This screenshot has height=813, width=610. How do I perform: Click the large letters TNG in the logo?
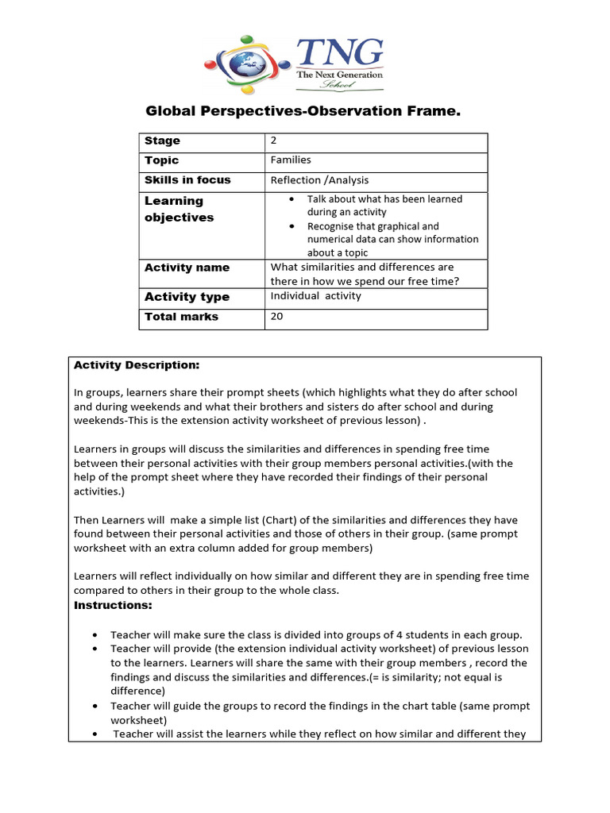tap(339, 53)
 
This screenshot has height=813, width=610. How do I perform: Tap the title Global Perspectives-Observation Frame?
tap(303, 112)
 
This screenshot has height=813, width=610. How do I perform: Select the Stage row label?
tap(162, 141)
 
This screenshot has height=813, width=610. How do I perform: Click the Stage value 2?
tap(274, 141)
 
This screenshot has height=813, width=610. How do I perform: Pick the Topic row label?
tap(161, 160)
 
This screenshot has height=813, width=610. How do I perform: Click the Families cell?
tap(291, 160)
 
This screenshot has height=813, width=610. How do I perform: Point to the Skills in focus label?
tap(187, 180)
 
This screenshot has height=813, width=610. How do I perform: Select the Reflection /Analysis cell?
tap(319, 180)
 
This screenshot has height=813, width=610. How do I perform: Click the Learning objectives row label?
tap(179, 209)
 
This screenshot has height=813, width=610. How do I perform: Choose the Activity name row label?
tap(187, 268)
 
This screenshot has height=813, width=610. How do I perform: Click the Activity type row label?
tap(187, 297)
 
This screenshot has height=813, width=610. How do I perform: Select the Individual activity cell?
tap(315, 296)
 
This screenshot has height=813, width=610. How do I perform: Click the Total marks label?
tap(181, 317)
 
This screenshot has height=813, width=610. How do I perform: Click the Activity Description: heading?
tap(137, 365)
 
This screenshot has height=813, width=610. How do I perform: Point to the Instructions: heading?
tap(113, 605)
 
